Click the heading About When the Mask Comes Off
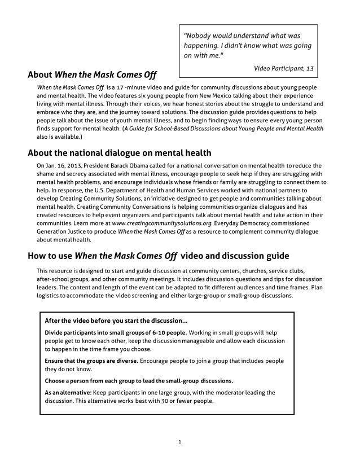(92, 74)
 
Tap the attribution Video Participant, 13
(283, 68)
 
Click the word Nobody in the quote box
(198, 36)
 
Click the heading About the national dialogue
(119, 152)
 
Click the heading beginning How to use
(159, 255)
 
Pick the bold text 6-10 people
(168, 332)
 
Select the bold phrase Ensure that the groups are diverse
(91, 360)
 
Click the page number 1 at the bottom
(179, 441)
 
